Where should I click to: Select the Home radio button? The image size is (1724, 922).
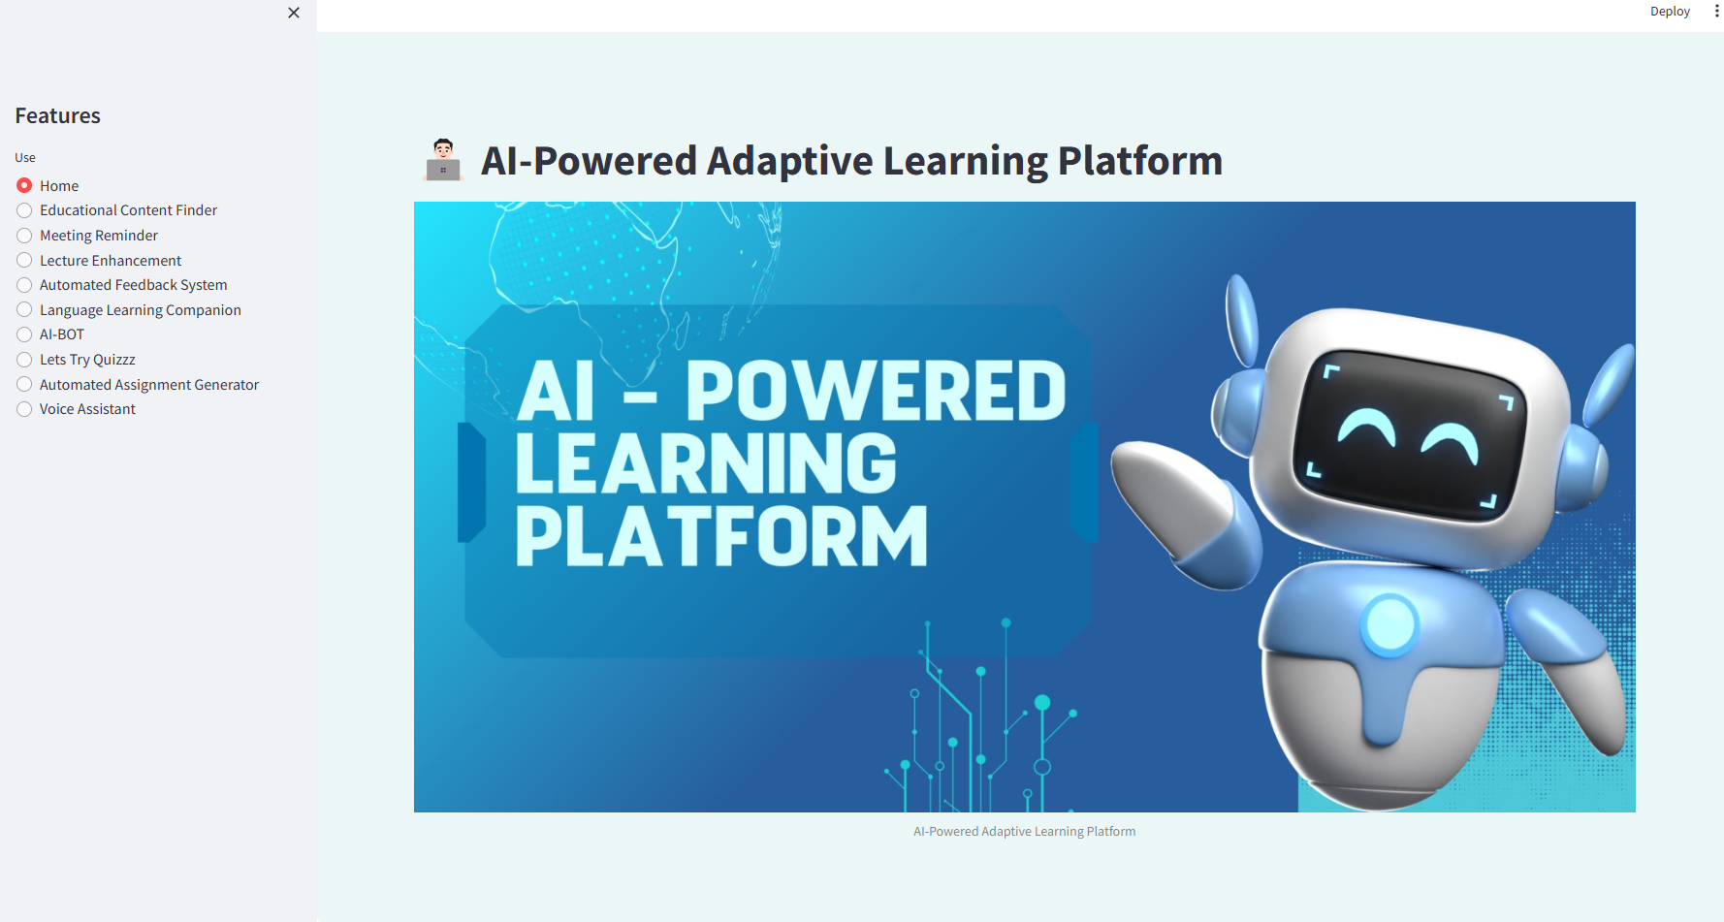[x=24, y=185]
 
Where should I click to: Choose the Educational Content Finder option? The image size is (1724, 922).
[x=24, y=210]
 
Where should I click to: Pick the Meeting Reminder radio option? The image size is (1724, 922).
[x=24, y=236]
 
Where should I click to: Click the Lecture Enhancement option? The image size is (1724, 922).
[x=24, y=260]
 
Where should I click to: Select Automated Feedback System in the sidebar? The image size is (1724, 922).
[x=24, y=285]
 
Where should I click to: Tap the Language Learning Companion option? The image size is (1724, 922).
[x=24, y=309]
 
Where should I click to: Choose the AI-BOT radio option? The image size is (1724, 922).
[x=24, y=334]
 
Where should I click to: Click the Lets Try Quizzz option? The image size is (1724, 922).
[x=24, y=360]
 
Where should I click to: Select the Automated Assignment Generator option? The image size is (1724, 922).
[x=24, y=384]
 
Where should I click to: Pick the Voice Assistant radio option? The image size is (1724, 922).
[x=24, y=409]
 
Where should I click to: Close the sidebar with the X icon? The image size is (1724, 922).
[x=294, y=13]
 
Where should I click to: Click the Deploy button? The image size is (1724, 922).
[x=1670, y=12]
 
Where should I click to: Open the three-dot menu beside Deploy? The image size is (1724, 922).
[x=1716, y=12]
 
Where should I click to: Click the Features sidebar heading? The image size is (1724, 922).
[x=58, y=115]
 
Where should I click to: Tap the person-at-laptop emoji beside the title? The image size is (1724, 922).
[x=443, y=160]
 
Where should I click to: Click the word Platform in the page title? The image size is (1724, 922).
[x=1140, y=161]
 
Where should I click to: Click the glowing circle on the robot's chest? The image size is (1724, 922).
[x=1389, y=623]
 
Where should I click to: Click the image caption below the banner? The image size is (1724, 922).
[x=1024, y=832]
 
